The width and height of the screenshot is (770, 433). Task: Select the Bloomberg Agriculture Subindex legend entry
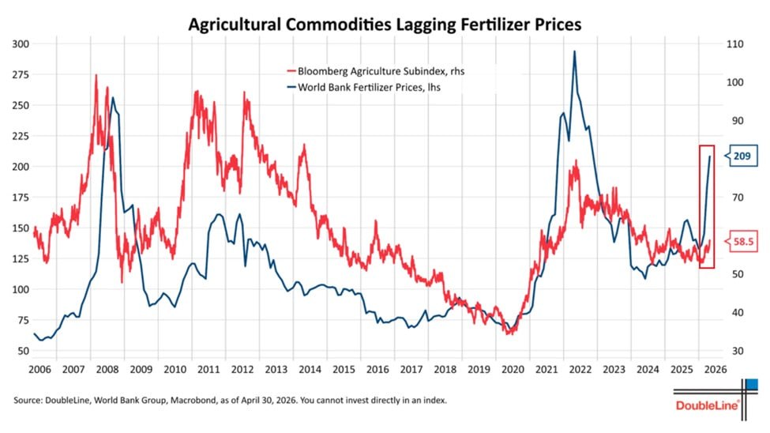(x=376, y=71)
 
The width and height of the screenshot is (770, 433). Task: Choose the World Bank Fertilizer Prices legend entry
(x=363, y=88)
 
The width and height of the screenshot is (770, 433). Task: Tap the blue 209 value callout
(x=742, y=156)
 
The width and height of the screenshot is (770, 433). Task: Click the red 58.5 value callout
(x=742, y=241)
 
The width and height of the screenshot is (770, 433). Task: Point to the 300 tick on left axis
(x=21, y=43)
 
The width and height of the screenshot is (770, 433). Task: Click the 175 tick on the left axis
(x=21, y=197)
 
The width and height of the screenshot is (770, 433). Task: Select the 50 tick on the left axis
(x=24, y=351)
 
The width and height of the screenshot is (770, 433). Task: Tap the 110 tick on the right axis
(x=735, y=43)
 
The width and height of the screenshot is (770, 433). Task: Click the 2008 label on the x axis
(x=107, y=369)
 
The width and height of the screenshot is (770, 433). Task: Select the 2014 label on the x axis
(x=310, y=369)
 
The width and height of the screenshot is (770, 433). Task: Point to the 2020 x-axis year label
(x=513, y=369)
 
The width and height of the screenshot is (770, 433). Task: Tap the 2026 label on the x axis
(x=716, y=369)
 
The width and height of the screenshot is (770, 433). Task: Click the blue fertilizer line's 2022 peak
(x=575, y=51)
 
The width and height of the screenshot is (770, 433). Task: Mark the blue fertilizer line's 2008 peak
(x=113, y=97)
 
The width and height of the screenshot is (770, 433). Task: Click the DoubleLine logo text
(x=707, y=405)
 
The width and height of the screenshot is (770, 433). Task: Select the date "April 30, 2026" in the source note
(x=269, y=400)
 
